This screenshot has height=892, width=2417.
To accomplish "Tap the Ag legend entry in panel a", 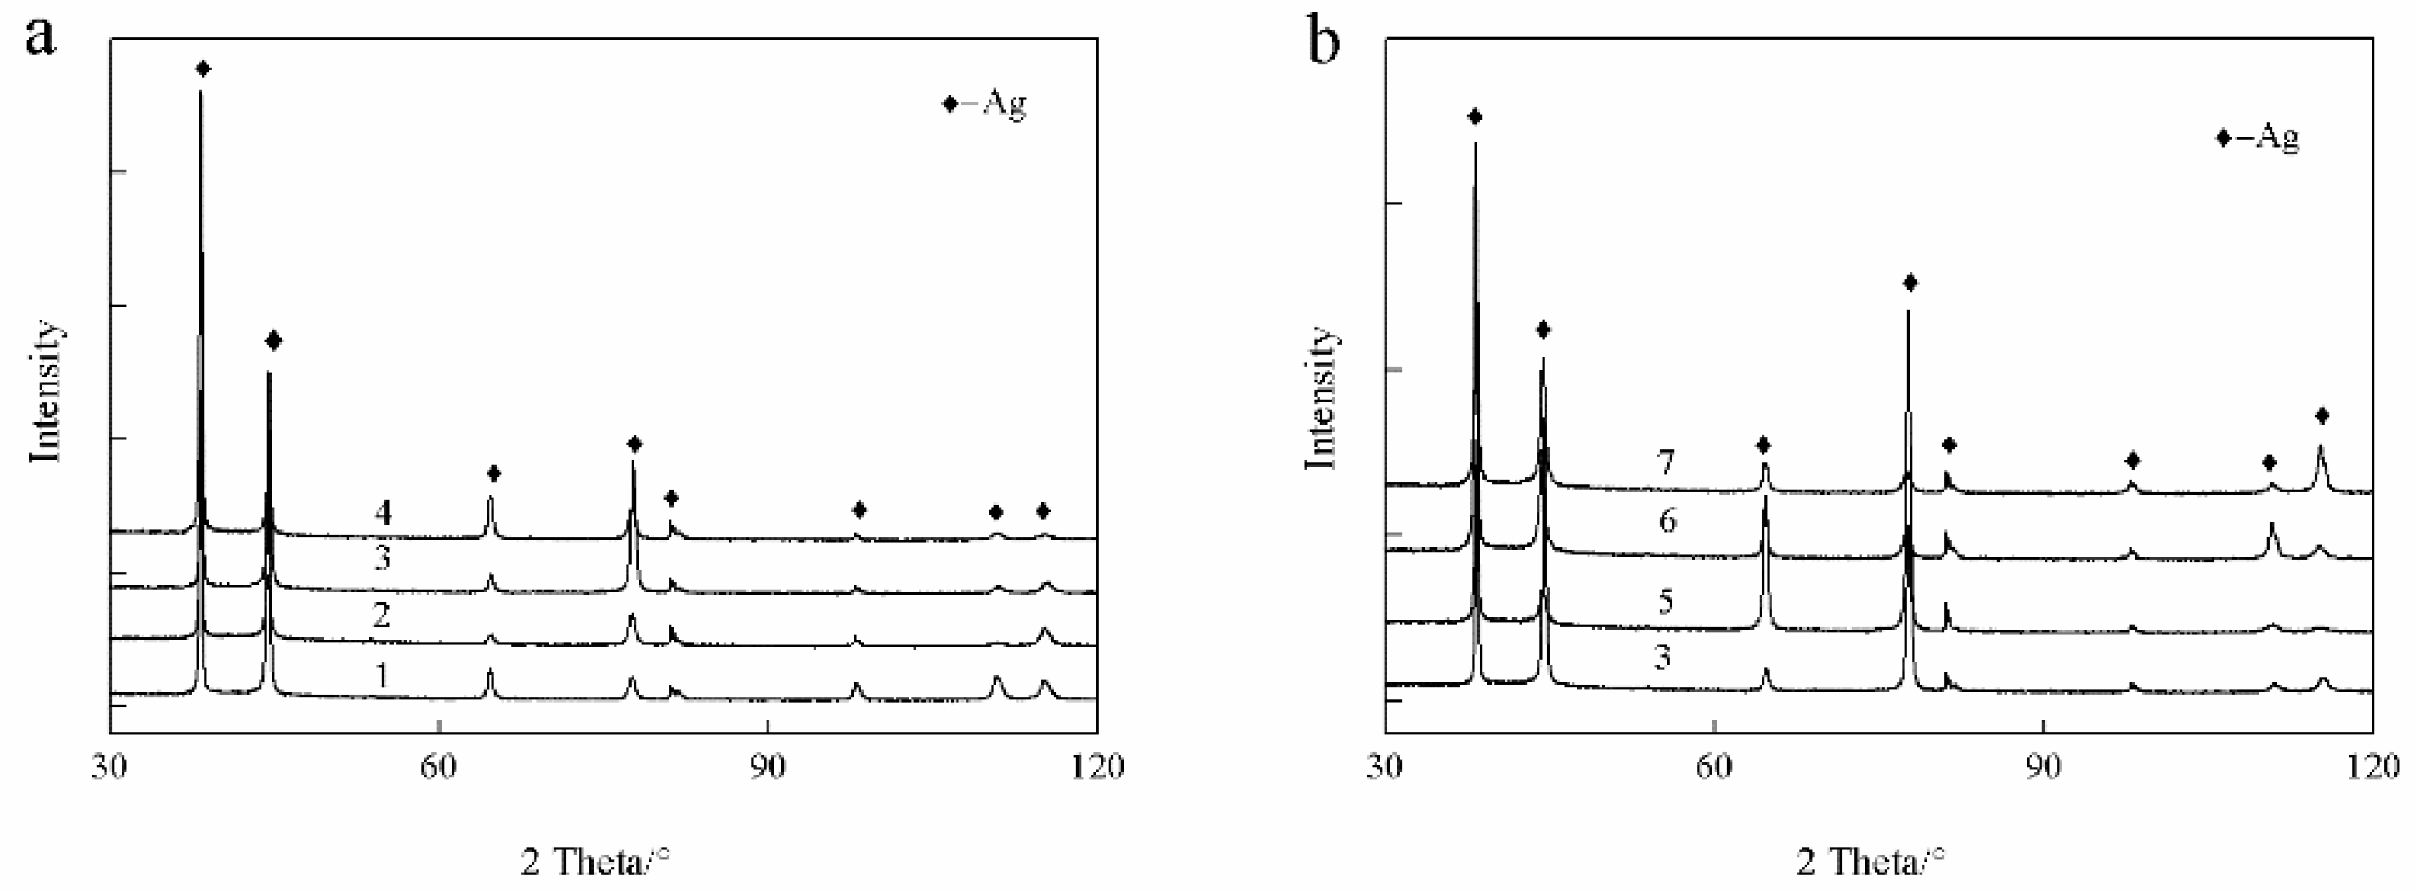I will tap(985, 103).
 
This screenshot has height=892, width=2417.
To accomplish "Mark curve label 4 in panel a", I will tap(382, 512).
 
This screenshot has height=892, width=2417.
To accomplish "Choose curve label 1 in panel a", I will tap(382, 675).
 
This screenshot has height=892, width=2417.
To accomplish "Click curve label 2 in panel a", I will tap(381, 615).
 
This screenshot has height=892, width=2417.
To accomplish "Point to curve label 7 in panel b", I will tap(1665, 463).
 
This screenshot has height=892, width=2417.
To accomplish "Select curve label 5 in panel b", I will tap(1665, 601).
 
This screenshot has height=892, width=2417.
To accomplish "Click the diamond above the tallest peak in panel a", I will tap(203, 68).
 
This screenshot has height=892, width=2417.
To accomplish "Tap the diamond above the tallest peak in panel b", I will tap(1474, 116).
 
